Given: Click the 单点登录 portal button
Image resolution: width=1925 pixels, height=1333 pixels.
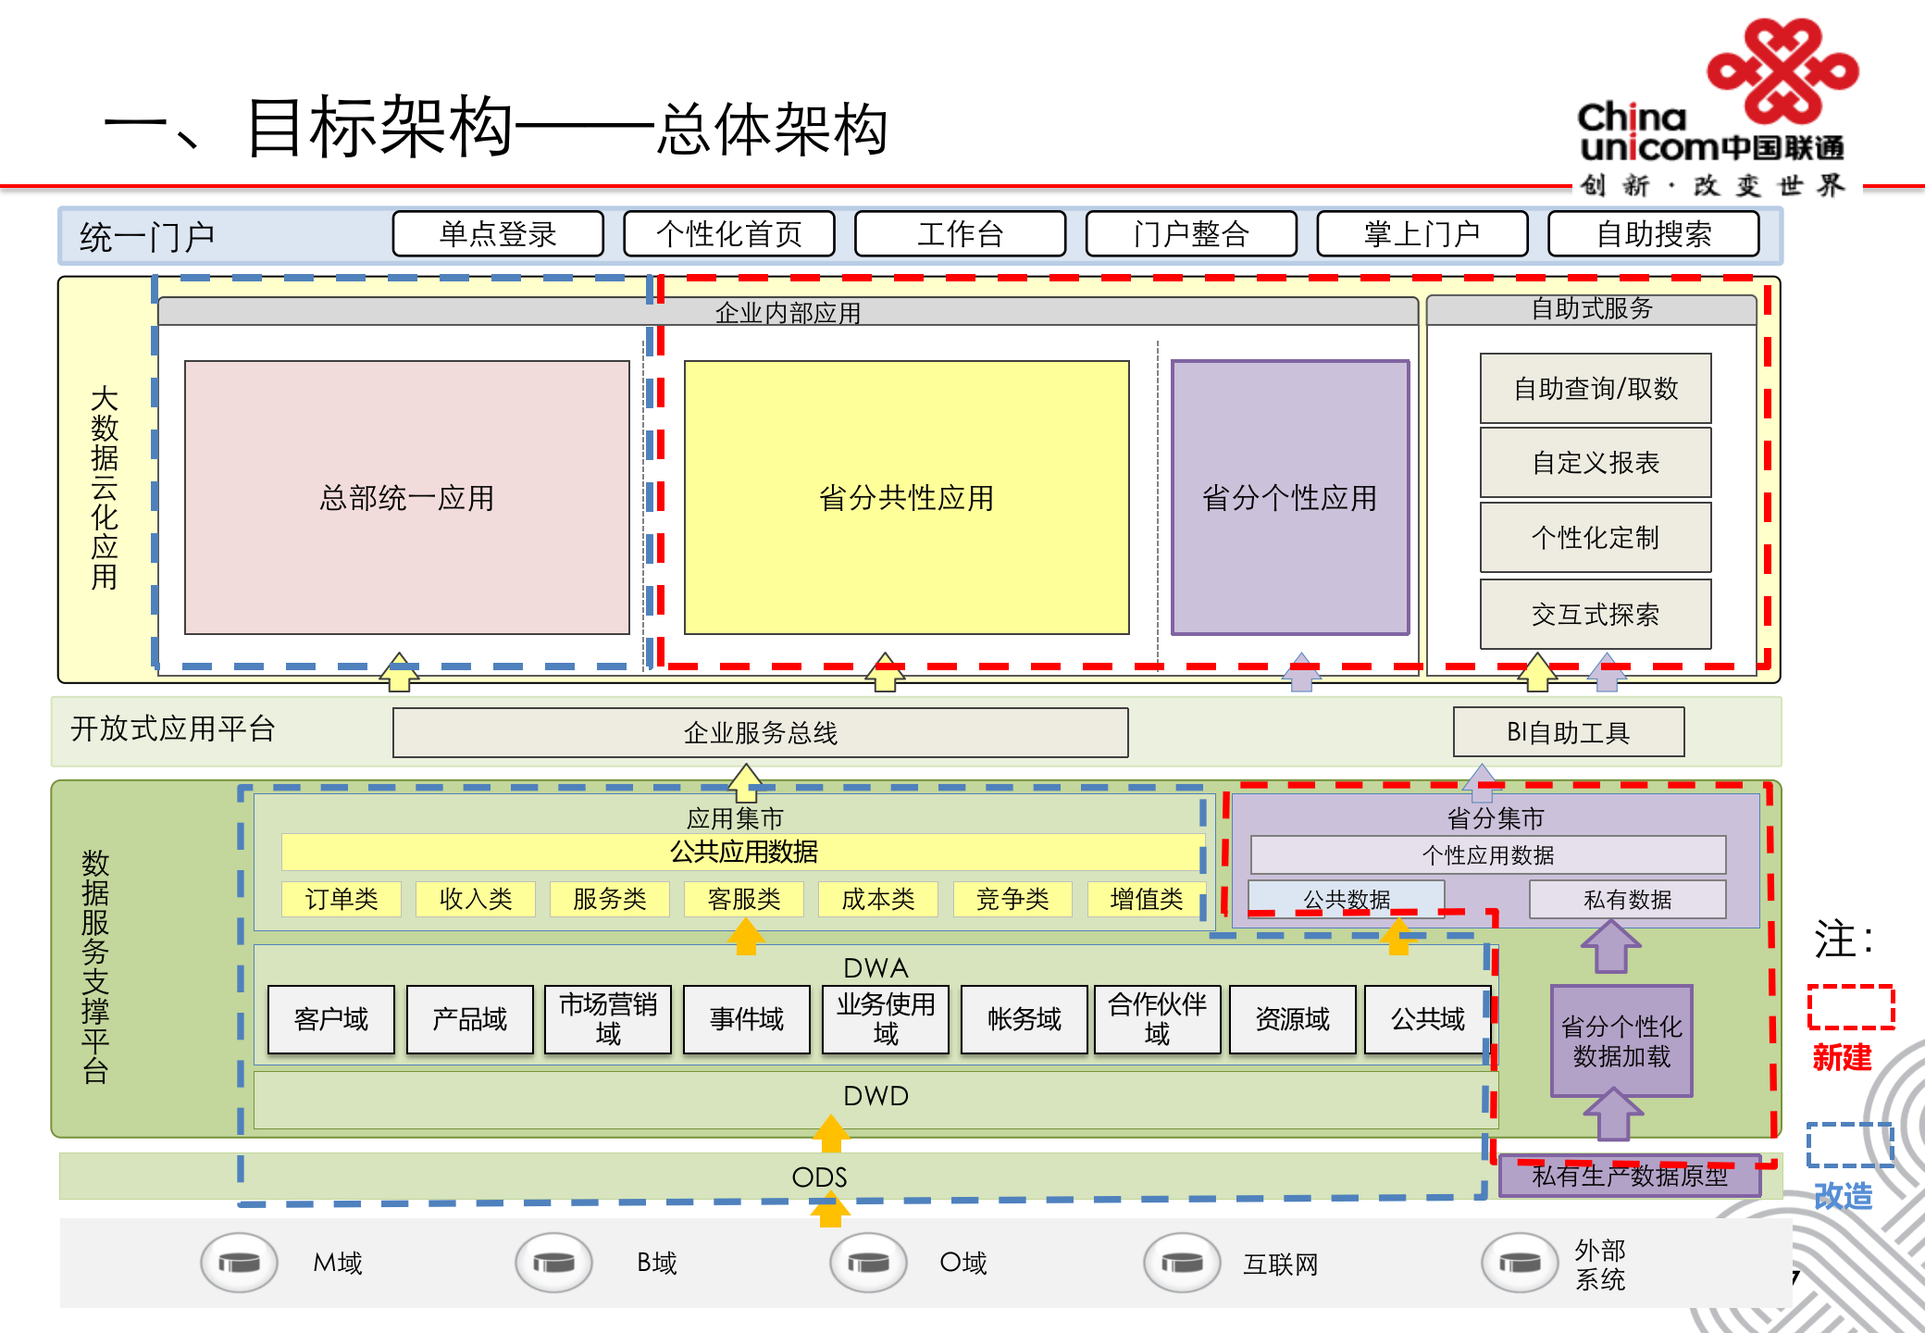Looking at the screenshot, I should click(x=498, y=233).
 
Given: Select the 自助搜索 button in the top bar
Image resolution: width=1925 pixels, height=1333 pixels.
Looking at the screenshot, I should click(x=1653, y=233).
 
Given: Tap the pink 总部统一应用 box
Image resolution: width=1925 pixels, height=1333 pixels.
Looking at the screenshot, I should click(x=406, y=497).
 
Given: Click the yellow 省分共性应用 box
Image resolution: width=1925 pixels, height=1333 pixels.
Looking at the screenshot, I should click(x=906, y=497).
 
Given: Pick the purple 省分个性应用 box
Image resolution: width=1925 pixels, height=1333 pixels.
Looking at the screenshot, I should click(x=1289, y=497).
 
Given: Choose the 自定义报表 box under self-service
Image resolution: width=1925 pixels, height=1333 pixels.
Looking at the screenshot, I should click(x=1595, y=462).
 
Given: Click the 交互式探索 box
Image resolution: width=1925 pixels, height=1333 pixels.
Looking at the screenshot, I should click(x=1595, y=614).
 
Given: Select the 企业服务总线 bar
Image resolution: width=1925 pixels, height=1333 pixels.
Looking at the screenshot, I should click(x=760, y=732).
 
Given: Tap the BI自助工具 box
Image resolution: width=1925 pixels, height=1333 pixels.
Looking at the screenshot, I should click(x=1568, y=732).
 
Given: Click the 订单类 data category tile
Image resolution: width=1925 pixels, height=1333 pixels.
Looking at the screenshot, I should click(x=342, y=898).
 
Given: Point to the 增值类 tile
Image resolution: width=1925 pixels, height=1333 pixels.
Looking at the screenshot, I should click(x=1146, y=898).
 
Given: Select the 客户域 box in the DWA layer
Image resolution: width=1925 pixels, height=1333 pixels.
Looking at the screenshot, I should click(x=330, y=1019).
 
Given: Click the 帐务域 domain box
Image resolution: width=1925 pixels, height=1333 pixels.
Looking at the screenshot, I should click(x=1024, y=1019).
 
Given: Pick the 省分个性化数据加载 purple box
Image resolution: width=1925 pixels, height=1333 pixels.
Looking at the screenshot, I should click(x=1621, y=1040).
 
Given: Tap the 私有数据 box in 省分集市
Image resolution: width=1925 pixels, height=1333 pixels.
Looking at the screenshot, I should click(x=1627, y=899).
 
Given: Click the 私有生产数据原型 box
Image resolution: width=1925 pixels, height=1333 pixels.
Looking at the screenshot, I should click(x=1629, y=1177).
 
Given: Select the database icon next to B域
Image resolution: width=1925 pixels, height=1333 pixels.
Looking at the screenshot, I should click(x=553, y=1262).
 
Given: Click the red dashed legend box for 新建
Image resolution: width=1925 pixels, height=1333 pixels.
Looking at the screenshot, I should click(x=1851, y=1006).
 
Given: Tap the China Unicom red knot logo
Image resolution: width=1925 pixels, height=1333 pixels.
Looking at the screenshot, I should click(x=1782, y=70).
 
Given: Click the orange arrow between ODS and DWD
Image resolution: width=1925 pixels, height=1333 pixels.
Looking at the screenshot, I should click(x=831, y=1134).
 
